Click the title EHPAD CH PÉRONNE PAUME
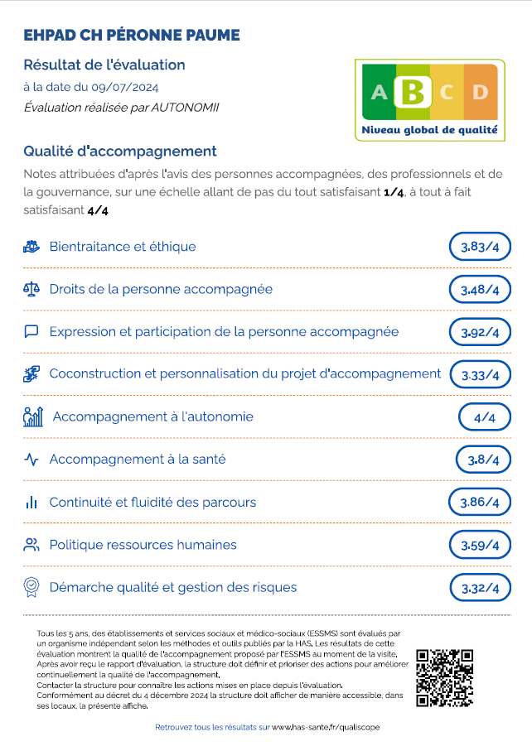(x=132, y=35)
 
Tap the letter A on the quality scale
(x=379, y=92)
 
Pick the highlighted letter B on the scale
(x=412, y=91)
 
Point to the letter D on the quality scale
(x=479, y=92)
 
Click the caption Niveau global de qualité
(x=429, y=130)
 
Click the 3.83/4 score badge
(x=480, y=247)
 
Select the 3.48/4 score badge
(x=480, y=290)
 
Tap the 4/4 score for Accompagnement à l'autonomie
(x=484, y=417)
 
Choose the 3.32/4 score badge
(x=480, y=588)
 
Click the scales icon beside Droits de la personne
(x=31, y=289)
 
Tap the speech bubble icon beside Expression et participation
(x=31, y=331)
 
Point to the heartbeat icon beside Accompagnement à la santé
(x=31, y=460)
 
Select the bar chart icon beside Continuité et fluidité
(x=31, y=502)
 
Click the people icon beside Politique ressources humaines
(x=31, y=545)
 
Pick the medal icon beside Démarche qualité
(x=31, y=587)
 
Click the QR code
(x=444, y=676)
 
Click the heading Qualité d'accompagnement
(x=120, y=151)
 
